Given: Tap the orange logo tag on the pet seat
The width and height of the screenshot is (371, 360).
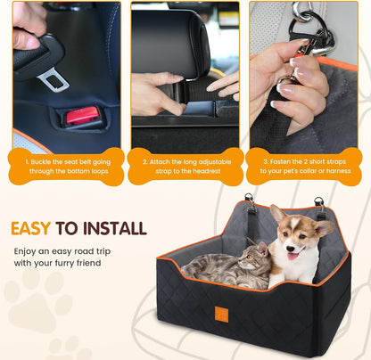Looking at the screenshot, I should click(220, 314).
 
